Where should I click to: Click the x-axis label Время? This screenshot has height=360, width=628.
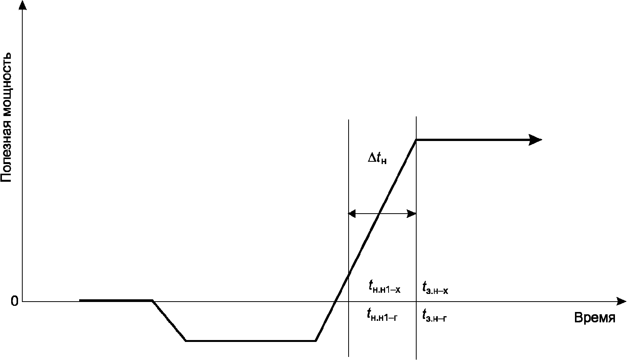(595, 319)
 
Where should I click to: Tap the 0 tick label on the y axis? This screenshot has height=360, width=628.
(15, 302)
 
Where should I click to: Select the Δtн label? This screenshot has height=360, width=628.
(377, 159)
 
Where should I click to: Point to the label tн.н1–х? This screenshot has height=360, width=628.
(384, 287)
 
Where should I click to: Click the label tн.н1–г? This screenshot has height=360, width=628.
(382, 315)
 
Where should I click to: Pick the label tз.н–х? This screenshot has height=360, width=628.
(435, 288)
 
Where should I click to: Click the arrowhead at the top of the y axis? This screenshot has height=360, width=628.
(23, 5)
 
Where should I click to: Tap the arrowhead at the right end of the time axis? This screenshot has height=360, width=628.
(622, 302)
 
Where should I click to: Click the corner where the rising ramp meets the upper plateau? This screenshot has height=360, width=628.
(416, 140)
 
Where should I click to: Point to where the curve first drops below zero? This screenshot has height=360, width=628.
(153, 300)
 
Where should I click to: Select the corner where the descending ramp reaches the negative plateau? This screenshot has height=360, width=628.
(186, 341)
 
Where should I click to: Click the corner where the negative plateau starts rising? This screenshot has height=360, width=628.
(316, 341)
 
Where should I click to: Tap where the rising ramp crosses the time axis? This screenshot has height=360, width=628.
(334, 302)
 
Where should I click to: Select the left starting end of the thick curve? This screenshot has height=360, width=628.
(80, 300)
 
